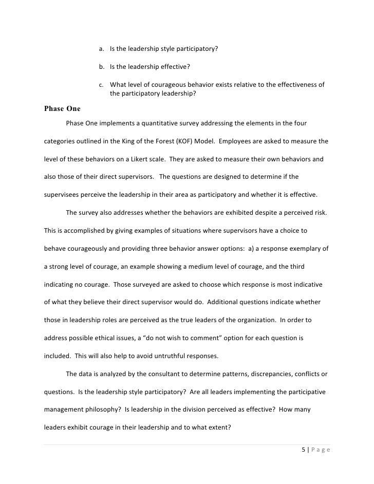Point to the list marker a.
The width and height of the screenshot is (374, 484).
[x=101, y=49]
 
